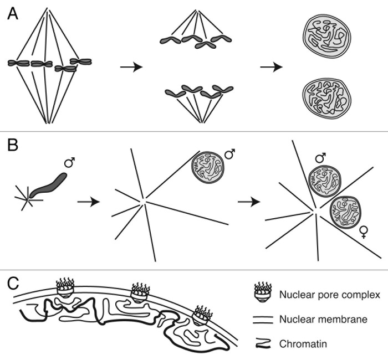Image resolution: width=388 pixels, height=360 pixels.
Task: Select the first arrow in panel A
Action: coord(131,67)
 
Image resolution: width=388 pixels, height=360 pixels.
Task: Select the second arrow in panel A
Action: coord(272,67)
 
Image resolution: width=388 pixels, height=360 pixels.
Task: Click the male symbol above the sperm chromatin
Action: coord(70,163)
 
